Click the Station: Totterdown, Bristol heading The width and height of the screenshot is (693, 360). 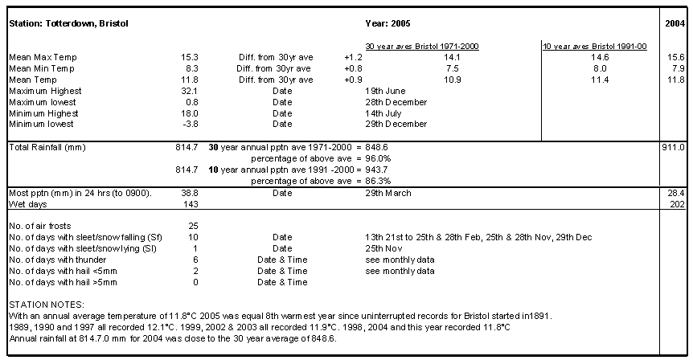(68, 23)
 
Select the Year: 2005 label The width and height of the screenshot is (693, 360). (388, 23)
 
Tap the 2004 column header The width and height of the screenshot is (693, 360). (675, 23)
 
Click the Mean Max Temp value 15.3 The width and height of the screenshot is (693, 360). (190, 57)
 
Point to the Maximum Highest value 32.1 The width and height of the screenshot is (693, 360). (190, 91)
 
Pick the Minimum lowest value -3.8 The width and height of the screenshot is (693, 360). (190, 124)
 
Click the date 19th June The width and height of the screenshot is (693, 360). (385, 91)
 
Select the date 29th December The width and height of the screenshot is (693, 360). (396, 124)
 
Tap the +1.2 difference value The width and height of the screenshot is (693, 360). (353, 57)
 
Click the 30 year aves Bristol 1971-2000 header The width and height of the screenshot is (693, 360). (422, 47)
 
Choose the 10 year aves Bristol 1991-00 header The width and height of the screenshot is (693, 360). (595, 47)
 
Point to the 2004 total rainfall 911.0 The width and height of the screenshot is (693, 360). (674, 148)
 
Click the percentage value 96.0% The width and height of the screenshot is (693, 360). (378, 158)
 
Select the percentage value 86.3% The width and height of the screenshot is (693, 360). (378, 181)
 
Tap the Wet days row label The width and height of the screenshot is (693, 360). (28, 205)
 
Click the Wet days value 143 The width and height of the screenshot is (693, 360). (191, 205)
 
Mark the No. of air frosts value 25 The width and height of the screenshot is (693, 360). (193, 226)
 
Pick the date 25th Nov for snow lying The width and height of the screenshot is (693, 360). (383, 248)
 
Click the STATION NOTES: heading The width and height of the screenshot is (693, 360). (47, 305)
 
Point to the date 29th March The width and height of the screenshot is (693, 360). (388, 194)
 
